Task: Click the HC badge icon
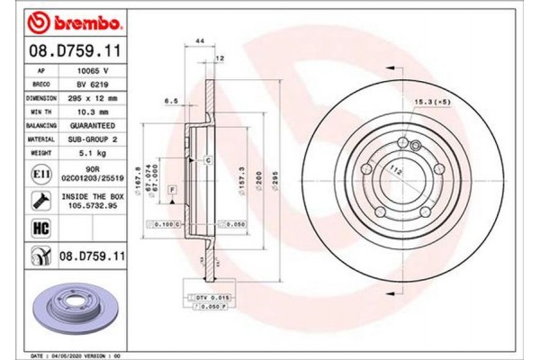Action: click(40, 228)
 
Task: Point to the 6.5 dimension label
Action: click(169, 102)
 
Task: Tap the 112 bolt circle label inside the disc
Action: click(392, 170)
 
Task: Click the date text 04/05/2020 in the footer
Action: click(78, 356)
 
